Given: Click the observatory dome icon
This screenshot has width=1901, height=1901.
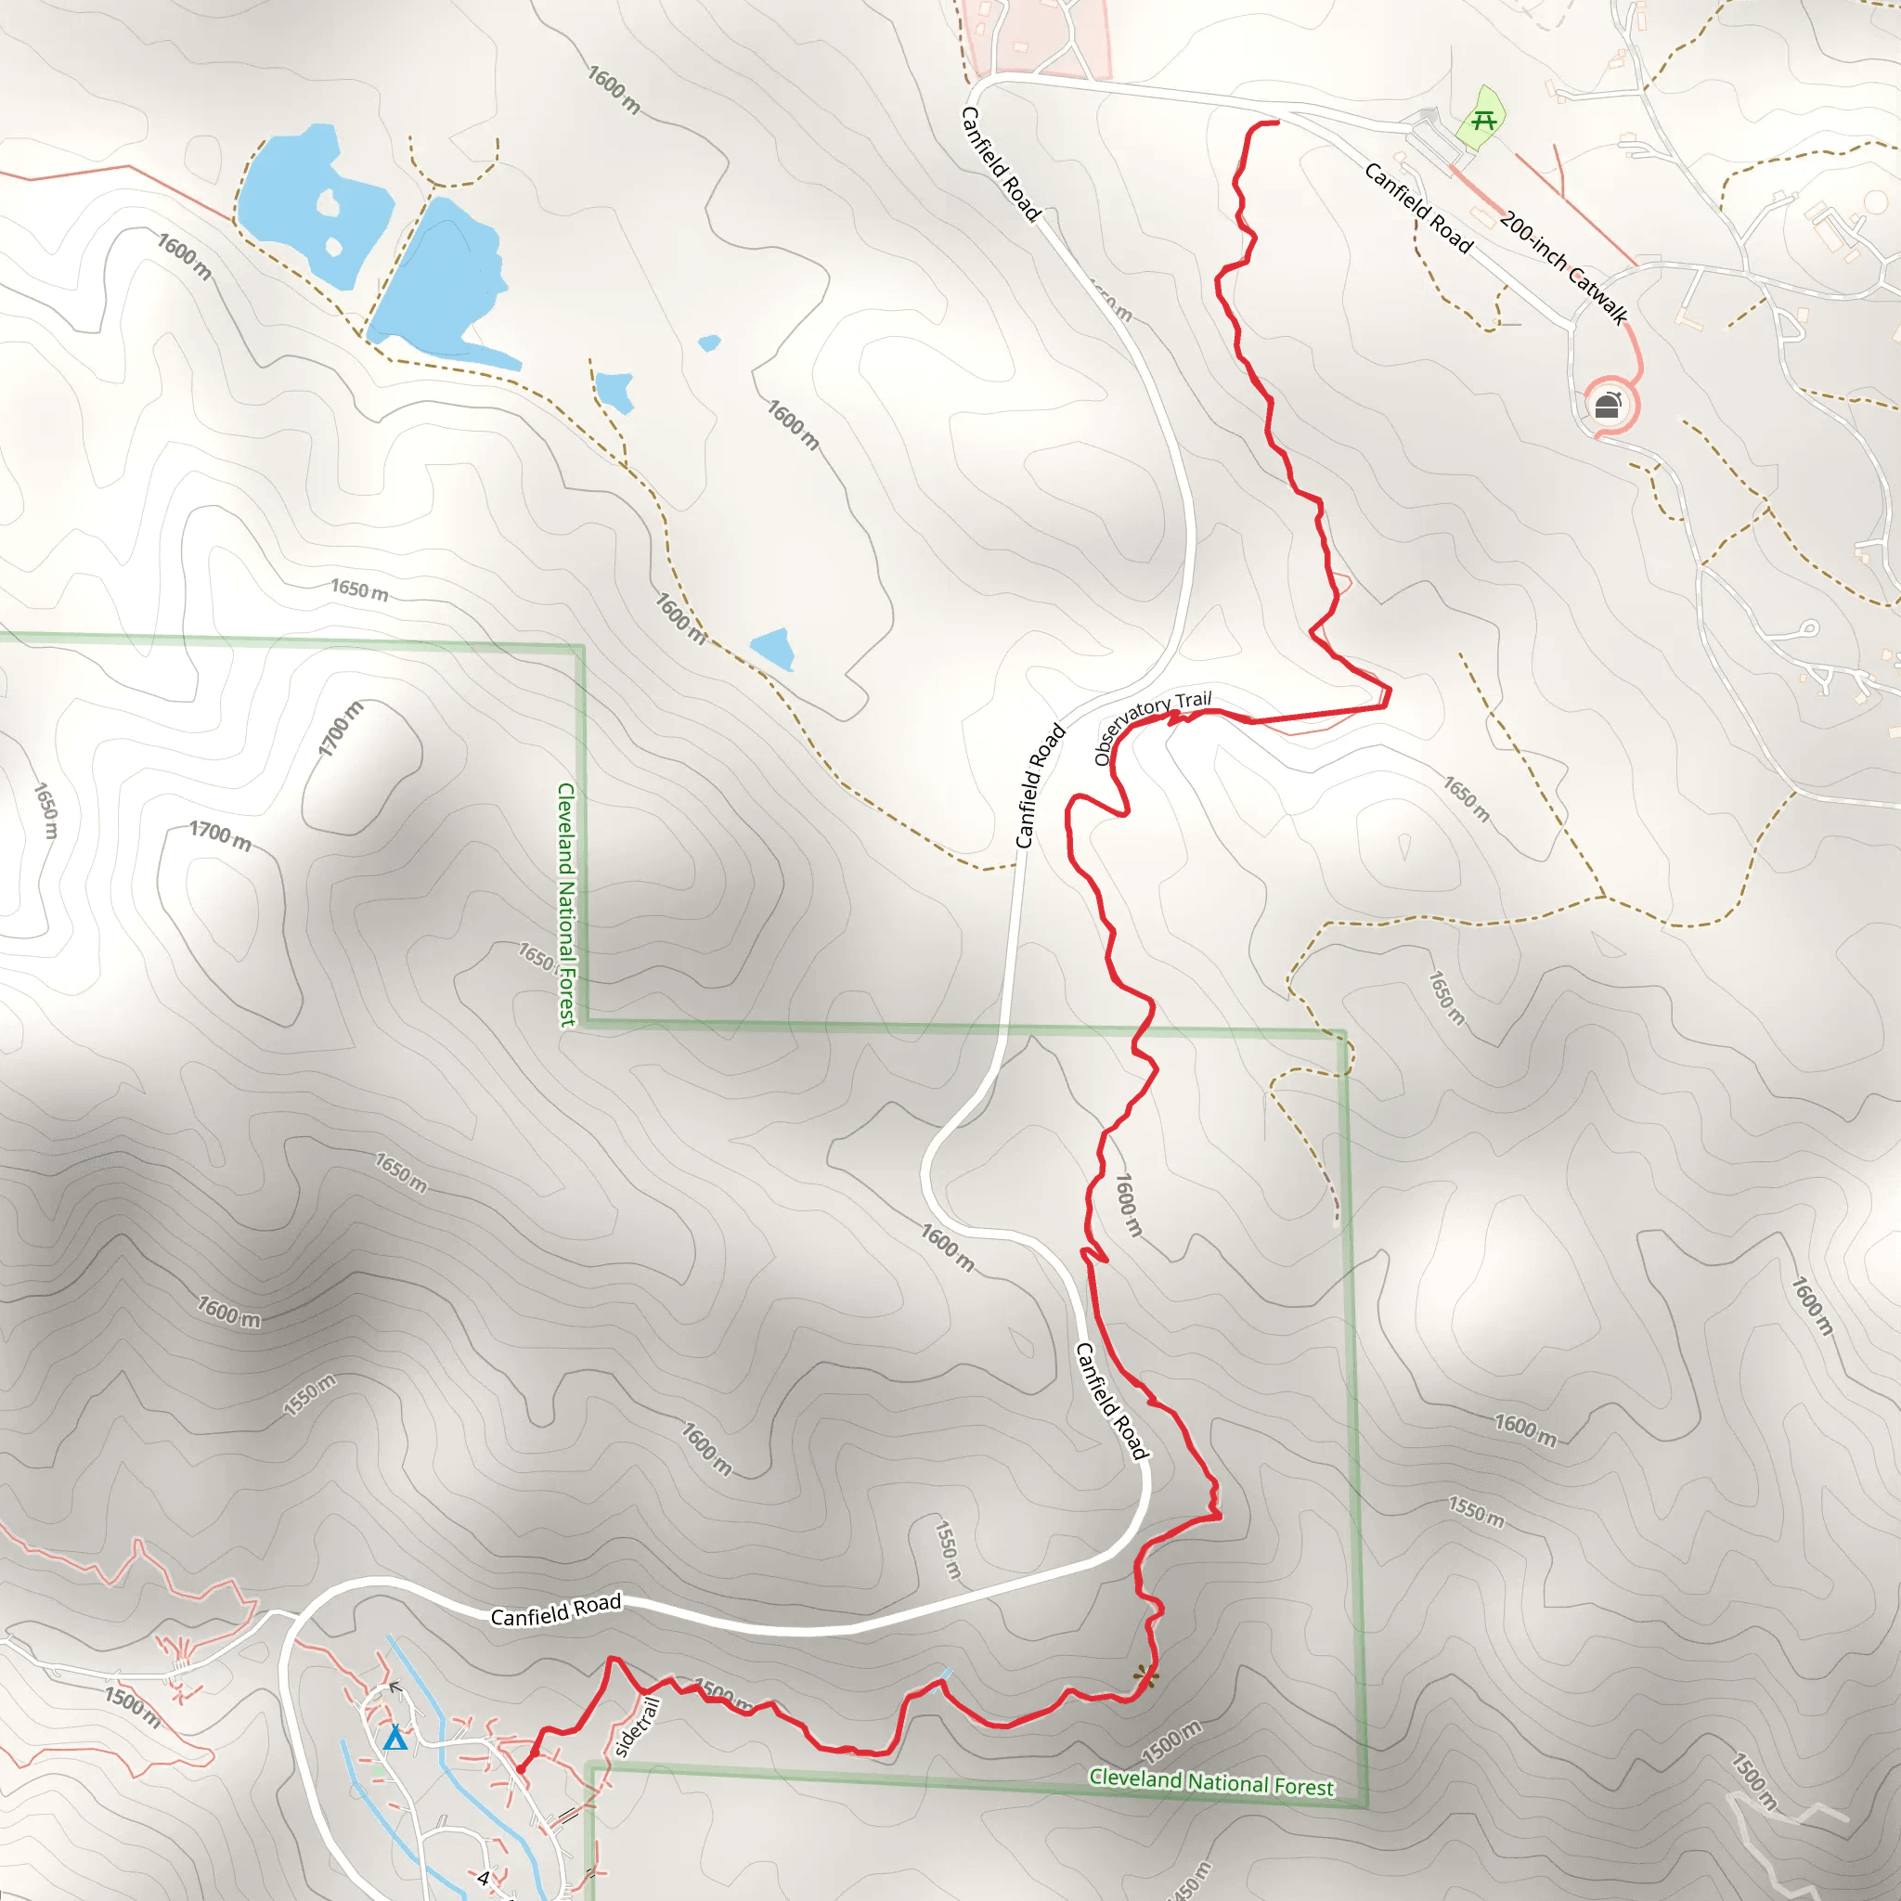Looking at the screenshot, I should (1607, 405).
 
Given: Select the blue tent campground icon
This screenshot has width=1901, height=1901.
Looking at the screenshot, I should (394, 1738).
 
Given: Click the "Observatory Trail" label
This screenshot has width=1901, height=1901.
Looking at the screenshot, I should (1152, 724).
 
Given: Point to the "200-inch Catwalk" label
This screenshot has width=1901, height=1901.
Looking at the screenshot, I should (1563, 265).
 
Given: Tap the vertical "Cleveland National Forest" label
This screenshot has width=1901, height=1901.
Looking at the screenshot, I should (567, 904).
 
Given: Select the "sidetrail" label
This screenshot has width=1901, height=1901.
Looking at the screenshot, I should (637, 1726).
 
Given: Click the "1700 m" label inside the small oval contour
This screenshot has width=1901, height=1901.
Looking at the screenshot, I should (341, 729).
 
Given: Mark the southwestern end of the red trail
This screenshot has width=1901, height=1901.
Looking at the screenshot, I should (521, 1769).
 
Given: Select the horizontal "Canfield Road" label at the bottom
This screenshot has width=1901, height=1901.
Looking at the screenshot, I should (556, 1610).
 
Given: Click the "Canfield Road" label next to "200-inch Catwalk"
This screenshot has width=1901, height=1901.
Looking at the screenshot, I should (1418, 208).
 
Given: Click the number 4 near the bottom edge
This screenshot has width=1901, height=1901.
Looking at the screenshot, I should (483, 1879).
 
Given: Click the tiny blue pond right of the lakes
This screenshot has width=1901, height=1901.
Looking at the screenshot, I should (708, 343).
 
